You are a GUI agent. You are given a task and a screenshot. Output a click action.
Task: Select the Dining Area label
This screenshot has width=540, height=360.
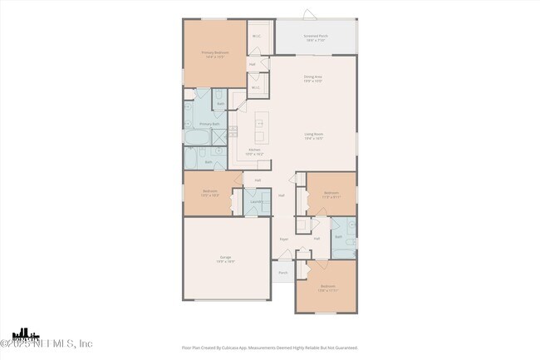(312, 77)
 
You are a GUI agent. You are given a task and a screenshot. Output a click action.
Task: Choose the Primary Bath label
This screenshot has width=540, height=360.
(209, 124)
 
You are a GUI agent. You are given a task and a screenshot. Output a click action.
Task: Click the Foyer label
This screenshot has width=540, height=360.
(283, 239)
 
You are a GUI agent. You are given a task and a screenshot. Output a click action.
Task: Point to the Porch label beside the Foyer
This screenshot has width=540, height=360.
(282, 272)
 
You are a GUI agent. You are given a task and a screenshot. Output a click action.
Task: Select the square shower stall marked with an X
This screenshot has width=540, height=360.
(219, 136)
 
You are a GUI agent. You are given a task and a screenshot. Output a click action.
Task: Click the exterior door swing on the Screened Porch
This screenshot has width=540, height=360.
(309, 14)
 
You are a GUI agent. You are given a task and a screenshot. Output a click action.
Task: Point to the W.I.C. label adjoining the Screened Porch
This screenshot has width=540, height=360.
(257, 37)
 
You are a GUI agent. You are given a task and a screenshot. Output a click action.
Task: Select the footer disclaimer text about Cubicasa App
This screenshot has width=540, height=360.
(269, 348)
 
